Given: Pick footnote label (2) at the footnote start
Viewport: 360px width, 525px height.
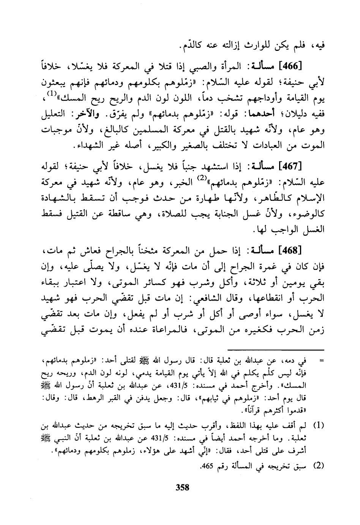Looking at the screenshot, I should click(317, 466).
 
